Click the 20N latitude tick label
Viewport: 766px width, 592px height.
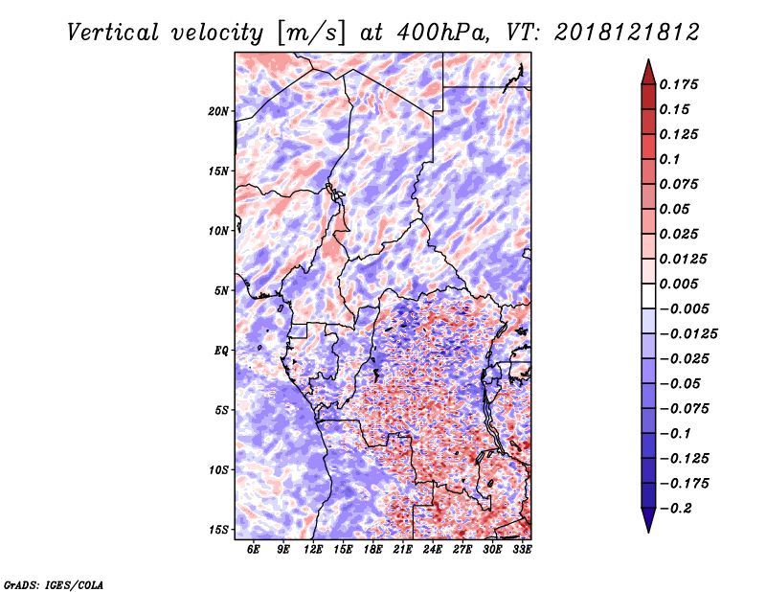[x=218, y=111]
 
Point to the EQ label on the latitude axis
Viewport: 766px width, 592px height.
[x=221, y=351]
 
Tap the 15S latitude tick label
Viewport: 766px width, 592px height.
[x=218, y=530]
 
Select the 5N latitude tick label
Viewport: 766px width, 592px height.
[x=221, y=291]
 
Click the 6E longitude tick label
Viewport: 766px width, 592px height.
[x=253, y=550]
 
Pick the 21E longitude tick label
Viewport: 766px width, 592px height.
[x=402, y=550]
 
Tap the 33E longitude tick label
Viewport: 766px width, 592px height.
[x=522, y=550]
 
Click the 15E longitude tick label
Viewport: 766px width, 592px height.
[x=343, y=550]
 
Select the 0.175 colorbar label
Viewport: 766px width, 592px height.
[x=679, y=84]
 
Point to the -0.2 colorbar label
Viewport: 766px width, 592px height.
[x=676, y=509]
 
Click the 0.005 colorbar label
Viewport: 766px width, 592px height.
[x=679, y=284]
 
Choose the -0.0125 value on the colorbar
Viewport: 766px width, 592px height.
[x=688, y=334]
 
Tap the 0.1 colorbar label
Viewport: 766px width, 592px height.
[x=669, y=159]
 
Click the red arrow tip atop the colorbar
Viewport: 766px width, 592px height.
[x=648, y=60]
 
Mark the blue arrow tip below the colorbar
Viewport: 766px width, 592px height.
[x=648, y=532]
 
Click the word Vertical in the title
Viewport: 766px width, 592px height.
[x=113, y=33]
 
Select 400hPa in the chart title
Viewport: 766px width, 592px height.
[x=442, y=33]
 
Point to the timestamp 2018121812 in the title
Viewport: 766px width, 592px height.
[x=627, y=33]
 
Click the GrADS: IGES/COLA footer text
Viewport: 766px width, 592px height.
[x=54, y=585]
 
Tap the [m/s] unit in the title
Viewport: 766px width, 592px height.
[x=311, y=34]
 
